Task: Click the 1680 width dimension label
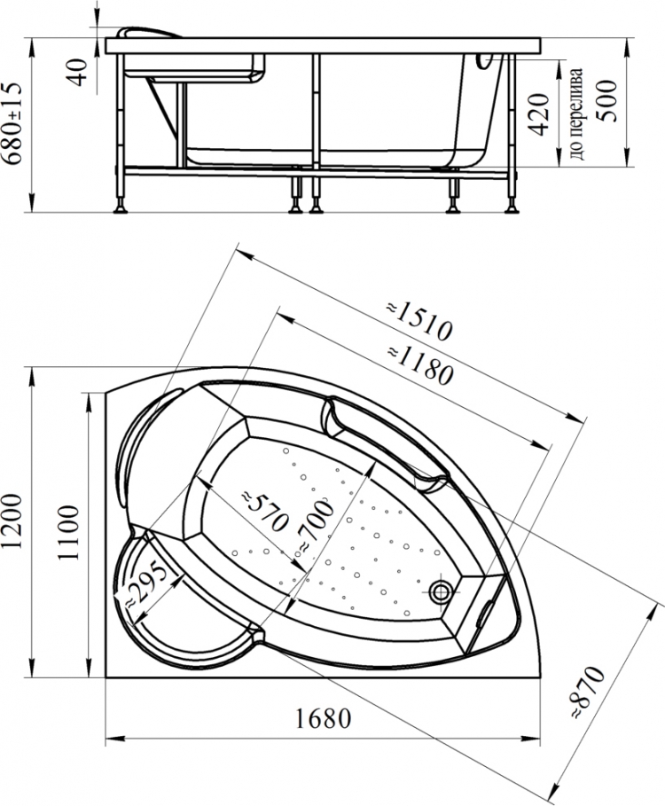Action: coord(323,718)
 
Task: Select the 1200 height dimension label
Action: coord(12,520)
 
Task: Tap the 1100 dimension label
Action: coord(68,533)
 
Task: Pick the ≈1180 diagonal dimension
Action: coord(421,365)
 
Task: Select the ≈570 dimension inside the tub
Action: coord(264,511)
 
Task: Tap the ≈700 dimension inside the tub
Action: coord(315,528)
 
